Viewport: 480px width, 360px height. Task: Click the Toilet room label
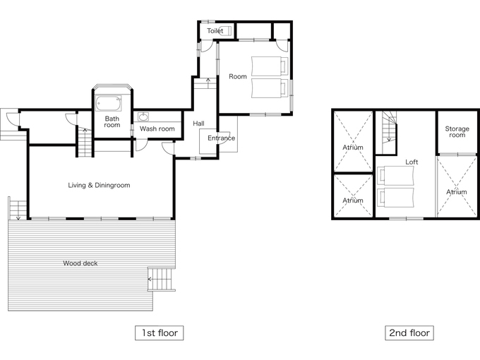(x=215, y=31)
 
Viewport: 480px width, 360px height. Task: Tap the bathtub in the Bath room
(x=109, y=104)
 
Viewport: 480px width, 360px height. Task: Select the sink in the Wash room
(x=143, y=116)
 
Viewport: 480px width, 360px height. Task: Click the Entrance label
(x=222, y=138)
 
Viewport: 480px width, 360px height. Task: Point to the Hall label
(x=198, y=124)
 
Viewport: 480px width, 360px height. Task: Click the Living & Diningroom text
(x=99, y=185)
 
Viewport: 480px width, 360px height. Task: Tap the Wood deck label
(x=80, y=263)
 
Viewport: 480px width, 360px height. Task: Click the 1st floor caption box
(x=160, y=333)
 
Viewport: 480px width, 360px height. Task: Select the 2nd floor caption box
(x=409, y=333)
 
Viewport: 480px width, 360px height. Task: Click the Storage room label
(x=457, y=132)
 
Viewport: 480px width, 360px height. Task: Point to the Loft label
(x=412, y=162)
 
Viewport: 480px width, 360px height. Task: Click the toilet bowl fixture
(x=226, y=31)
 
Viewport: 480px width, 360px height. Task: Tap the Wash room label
(x=157, y=129)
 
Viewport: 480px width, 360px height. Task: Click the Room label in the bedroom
(x=238, y=76)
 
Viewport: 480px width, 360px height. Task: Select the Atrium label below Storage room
(x=457, y=192)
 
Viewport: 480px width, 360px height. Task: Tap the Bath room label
(x=112, y=122)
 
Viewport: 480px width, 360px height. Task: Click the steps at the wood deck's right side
(x=162, y=279)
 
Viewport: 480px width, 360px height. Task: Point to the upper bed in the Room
(x=270, y=66)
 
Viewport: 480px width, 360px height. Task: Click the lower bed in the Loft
(x=395, y=198)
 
